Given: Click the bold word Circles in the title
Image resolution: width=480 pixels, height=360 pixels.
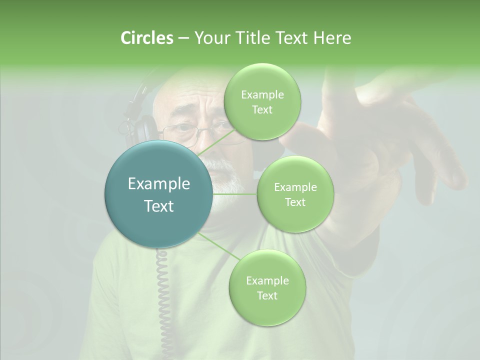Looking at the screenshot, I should click(x=146, y=38).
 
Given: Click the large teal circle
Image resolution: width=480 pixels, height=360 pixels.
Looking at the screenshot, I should click(x=159, y=194).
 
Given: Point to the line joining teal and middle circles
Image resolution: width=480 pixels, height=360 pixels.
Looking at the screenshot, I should click(x=235, y=194).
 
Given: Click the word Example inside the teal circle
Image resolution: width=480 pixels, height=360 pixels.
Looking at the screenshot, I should click(x=159, y=184).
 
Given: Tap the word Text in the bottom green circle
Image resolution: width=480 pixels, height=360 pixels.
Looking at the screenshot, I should click(x=267, y=296).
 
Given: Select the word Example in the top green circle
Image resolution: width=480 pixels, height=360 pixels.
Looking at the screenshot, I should click(x=262, y=94).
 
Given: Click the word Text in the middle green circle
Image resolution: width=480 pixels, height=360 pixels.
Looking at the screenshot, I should click(x=295, y=202).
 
